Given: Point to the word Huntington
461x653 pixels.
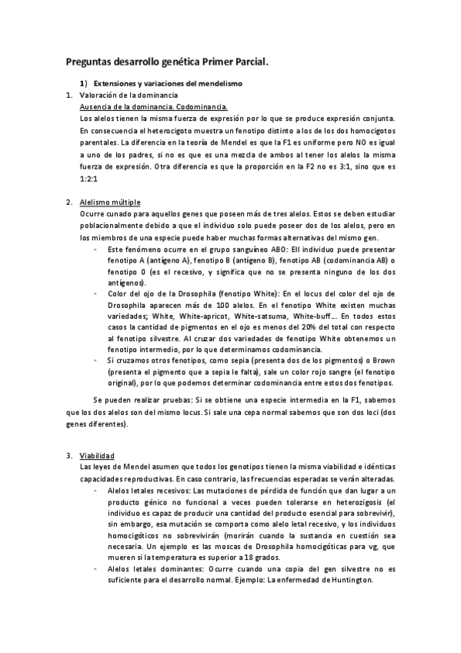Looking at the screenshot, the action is [x=346, y=581].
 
